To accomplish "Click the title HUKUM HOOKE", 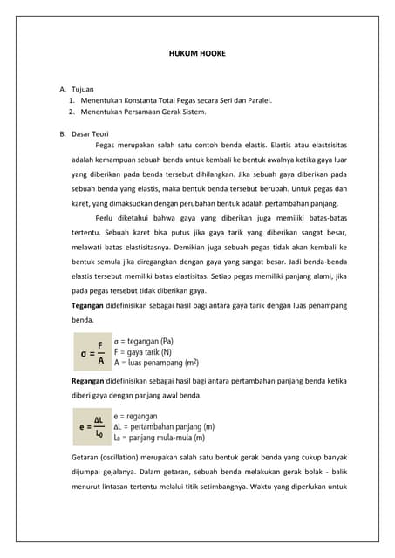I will pyautogui.click(x=197, y=53).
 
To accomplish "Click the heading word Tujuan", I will pyautogui.click(x=83, y=89).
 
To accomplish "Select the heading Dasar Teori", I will pyautogui.click(x=91, y=133).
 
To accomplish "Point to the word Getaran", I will pyautogui.click(x=86, y=458).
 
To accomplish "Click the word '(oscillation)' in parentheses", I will pyautogui.click(x=131, y=458).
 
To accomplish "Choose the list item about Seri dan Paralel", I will pyautogui.click(x=175, y=100).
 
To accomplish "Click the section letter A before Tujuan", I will pyautogui.click(x=62, y=89).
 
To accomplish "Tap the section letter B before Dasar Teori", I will pyautogui.click(x=62, y=133).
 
